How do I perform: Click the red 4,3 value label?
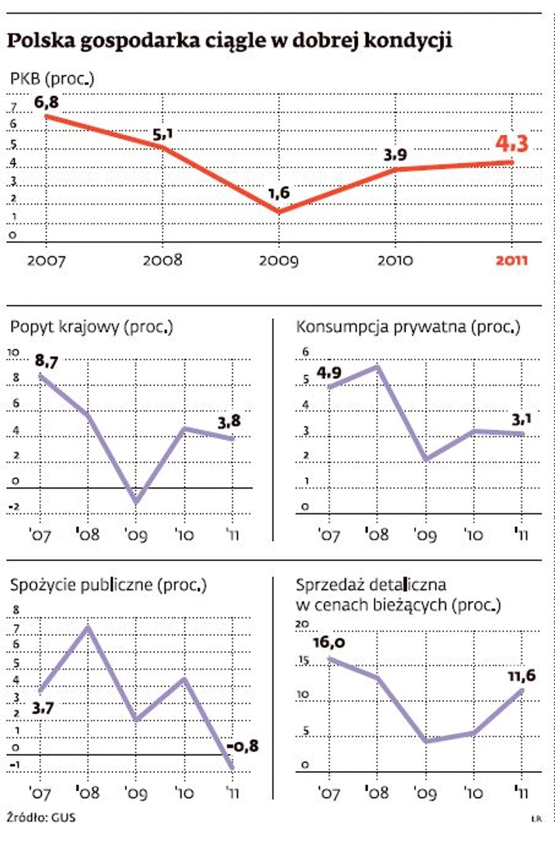(512, 144)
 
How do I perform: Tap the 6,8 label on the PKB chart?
(46, 101)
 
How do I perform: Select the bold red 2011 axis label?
(512, 260)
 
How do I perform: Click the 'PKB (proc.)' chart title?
(52, 79)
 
